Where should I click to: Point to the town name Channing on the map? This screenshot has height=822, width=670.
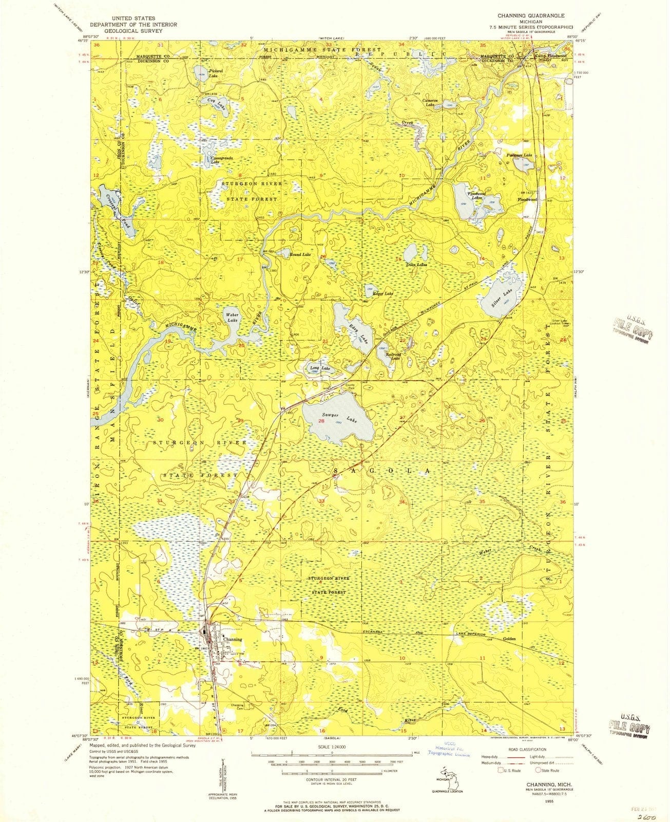[x=233, y=640]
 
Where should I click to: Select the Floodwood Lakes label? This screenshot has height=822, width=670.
[x=475, y=196]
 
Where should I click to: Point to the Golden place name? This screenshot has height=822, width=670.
[x=509, y=639]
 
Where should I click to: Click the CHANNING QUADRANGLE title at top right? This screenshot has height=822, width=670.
[x=534, y=16]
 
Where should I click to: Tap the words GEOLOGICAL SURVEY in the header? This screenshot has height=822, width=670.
[x=133, y=31]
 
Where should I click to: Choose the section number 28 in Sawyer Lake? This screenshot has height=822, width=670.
[x=321, y=421]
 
